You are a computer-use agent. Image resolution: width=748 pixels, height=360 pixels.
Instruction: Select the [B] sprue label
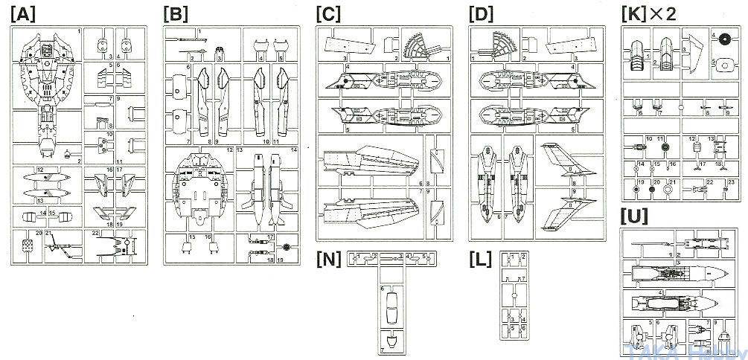pos(176,14)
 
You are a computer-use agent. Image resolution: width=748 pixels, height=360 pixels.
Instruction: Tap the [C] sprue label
pos(330,14)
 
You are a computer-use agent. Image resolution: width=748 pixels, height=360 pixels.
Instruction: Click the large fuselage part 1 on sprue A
pos(48,82)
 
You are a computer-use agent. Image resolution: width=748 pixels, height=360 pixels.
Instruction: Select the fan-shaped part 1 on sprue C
pos(421,46)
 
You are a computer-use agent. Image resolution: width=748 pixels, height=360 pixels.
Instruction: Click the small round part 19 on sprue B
pos(288,246)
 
